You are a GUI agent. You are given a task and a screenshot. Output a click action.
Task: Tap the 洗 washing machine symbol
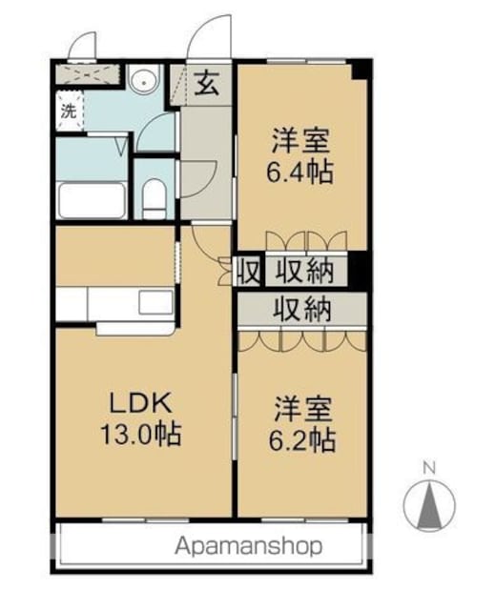pyautogui.click(x=69, y=112)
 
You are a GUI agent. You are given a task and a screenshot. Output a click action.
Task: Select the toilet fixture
pyautogui.click(x=155, y=198)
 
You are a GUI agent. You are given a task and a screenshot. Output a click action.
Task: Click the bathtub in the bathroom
pyautogui.click(x=92, y=200)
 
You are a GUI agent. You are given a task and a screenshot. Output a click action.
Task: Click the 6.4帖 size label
pyautogui.click(x=300, y=172)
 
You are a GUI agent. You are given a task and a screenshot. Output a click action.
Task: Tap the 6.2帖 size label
pyautogui.click(x=301, y=440)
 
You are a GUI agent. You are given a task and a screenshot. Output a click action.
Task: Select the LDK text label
pyautogui.click(x=140, y=403)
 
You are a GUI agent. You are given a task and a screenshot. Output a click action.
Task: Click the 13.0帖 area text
pyautogui.click(x=141, y=435)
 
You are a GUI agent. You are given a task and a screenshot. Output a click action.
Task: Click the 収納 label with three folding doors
pyautogui.click(x=302, y=309)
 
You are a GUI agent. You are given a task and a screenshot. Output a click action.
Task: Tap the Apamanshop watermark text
pyautogui.click(x=248, y=546)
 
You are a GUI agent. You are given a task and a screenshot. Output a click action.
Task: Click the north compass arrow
pyautogui.click(x=429, y=505)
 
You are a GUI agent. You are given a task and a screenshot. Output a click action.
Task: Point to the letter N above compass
pyautogui.click(x=429, y=468)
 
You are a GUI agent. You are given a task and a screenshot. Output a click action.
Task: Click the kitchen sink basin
pyautogui.click(x=155, y=302)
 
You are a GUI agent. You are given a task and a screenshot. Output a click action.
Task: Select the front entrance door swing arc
pyautogui.click(x=209, y=37)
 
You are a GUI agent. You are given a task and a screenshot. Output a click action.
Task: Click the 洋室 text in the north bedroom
pyautogui.click(x=300, y=141)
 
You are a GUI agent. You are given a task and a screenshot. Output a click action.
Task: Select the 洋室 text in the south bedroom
pyautogui.click(x=303, y=410)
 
